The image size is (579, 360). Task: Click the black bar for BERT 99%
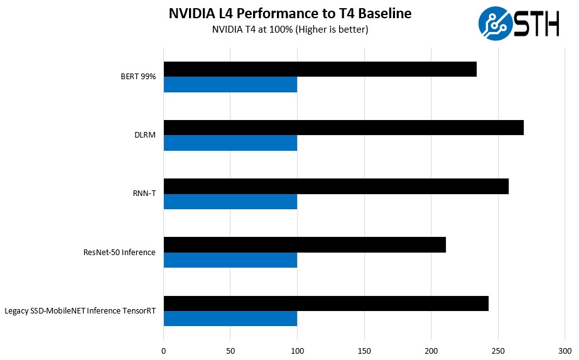(320, 69)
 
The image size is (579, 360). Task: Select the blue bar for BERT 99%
(230, 84)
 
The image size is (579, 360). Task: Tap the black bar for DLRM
(344, 128)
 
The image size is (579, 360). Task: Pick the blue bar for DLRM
(230, 143)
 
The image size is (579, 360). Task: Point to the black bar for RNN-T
(336, 186)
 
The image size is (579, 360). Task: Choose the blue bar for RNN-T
(230, 201)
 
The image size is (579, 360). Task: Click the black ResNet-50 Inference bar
(305, 244)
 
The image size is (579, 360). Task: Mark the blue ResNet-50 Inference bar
(230, 259)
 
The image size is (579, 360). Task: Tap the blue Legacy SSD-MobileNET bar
(230, 319)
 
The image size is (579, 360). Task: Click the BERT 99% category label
(138, 77)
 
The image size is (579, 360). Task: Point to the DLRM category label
(146, 135)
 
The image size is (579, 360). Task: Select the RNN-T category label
(144, 194)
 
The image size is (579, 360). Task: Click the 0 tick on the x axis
(164, 351)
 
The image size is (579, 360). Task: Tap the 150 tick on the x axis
(364, 351)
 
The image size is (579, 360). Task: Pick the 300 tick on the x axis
(565, 351)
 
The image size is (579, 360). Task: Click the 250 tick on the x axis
(498, 351)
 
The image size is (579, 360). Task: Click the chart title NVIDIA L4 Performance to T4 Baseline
(289, 14)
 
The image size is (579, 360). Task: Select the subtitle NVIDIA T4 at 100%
(289, 30)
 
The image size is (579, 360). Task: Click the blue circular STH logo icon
(495, 23)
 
